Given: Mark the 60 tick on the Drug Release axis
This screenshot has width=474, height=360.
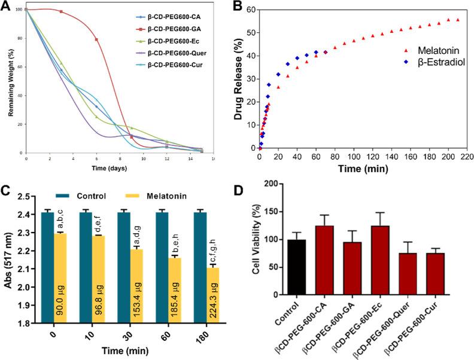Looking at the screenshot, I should coord(248,10).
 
